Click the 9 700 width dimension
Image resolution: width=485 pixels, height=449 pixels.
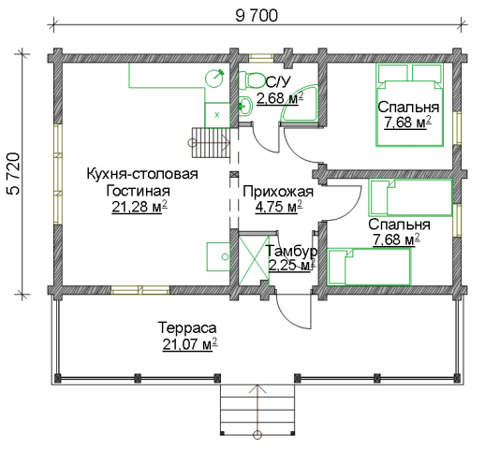257,16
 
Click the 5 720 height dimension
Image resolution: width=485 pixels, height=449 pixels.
13,174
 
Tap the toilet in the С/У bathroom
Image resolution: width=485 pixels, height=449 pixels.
251,80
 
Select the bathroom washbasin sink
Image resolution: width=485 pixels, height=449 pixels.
245,107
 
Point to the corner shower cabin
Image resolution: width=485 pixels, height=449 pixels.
301,103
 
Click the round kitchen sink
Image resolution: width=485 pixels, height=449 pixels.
214,79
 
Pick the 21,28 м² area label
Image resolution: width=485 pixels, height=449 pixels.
140,207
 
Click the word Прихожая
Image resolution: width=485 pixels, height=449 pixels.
278,192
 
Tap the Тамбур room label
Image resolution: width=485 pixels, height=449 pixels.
292,251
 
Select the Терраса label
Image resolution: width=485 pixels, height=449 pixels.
187,327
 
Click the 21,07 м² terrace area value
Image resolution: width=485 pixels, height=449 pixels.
190,344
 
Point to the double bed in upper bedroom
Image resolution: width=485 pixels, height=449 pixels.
409,105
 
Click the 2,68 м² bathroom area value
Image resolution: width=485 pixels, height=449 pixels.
280,98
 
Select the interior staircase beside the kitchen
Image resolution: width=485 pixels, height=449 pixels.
211,142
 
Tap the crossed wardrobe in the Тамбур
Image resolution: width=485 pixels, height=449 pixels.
254,260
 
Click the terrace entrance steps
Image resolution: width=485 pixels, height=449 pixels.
257,410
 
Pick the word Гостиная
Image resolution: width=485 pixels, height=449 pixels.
138,191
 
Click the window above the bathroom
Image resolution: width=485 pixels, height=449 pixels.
261,58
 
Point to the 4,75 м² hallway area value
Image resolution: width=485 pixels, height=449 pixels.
279,207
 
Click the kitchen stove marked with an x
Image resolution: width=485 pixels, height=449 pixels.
217,115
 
